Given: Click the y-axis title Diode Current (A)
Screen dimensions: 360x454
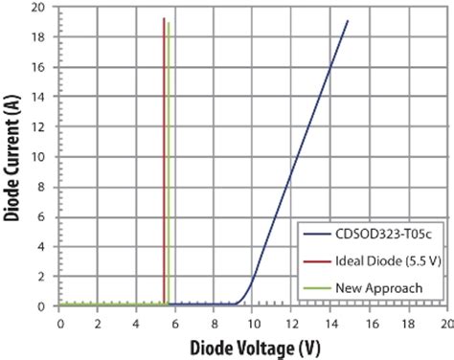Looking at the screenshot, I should coord(14,157).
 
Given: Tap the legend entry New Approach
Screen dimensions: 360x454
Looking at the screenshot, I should coord(373,287).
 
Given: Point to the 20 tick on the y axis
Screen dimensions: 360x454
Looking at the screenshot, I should coord(41,7).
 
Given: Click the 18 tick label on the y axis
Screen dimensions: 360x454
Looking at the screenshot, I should coord(41,36).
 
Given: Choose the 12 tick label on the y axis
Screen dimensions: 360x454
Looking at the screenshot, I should coord(41,126).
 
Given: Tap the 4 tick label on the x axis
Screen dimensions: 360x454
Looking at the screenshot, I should coord(136,324).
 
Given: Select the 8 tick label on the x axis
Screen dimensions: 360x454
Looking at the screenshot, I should coord(213,324).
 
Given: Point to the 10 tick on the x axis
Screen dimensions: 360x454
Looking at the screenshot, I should coord(251,324).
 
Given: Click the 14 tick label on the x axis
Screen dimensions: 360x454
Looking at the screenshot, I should coord(329,324).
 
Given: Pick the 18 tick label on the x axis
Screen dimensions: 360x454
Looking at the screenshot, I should coord(406,324).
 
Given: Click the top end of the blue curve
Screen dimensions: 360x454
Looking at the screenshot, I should coord(347,21).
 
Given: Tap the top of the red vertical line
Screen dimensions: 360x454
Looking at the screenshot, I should coord(164,19).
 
